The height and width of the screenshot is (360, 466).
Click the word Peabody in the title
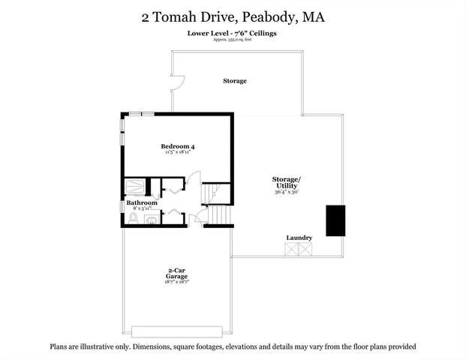click(x=262, y=16)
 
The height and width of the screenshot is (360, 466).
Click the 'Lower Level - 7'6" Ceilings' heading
click(x=233, y=34)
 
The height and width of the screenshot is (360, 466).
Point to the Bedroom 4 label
click(x=178, y=145)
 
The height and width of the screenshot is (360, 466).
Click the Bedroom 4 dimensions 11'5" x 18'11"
click(x=178, y=152)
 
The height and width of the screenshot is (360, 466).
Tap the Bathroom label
click(x=142, y=203)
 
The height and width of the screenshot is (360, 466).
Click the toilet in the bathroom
click(x=133, y=218)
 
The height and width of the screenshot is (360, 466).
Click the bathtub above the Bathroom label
click(x=136, y=187)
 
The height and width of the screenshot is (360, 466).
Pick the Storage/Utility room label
click(x=287, y=182)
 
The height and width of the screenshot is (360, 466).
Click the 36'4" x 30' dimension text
click(x=287, y=193)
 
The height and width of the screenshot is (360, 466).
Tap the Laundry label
click(x=299, y=238)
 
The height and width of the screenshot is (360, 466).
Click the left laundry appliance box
click(x=292, y=250)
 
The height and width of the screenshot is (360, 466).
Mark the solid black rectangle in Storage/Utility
click(x=335, y=220)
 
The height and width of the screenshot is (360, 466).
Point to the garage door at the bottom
click(x=177, y=331)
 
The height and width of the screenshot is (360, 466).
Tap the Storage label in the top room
click(x=235, y=81)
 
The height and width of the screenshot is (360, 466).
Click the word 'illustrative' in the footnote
click(x=103, y=346)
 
